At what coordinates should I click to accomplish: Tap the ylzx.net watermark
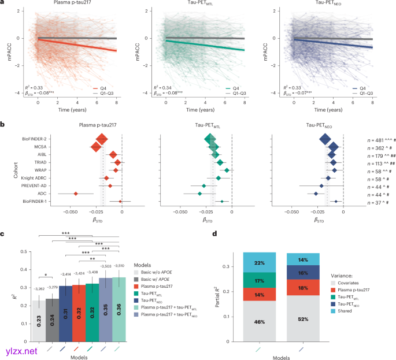[x=21, y=351]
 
